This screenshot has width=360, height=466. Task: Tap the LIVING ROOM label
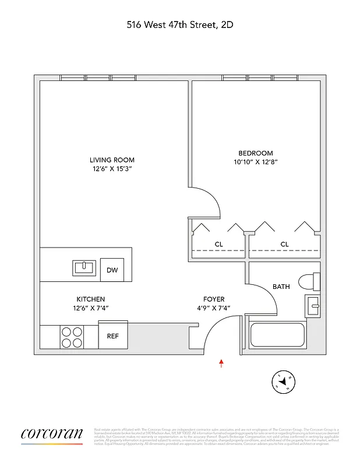tap(112, 160)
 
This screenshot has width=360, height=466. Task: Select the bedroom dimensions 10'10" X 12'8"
tap(255, 163)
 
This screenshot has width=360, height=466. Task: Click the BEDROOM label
tap(255, 153)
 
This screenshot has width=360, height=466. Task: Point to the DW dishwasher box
tap(112, 269)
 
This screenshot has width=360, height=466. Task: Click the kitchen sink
tap(84, 268)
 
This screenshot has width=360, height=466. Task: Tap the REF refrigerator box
tap(112, 336)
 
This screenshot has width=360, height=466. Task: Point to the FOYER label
tap(214, 299)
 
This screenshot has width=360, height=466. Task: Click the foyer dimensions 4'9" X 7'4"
tap(214, 308)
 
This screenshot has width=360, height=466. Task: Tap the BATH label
tap(281, 287)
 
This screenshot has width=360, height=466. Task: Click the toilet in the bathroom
tap(308, 282)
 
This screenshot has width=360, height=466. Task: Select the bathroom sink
tap(313, 305)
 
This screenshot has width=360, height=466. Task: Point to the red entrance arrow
tap(221, 363)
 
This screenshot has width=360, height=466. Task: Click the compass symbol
tap(284, 382)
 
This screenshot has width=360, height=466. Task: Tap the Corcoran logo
tap(52, 435)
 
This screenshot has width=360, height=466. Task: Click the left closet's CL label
tap(218, 244)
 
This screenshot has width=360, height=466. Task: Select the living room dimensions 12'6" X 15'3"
tap(112, 170)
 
